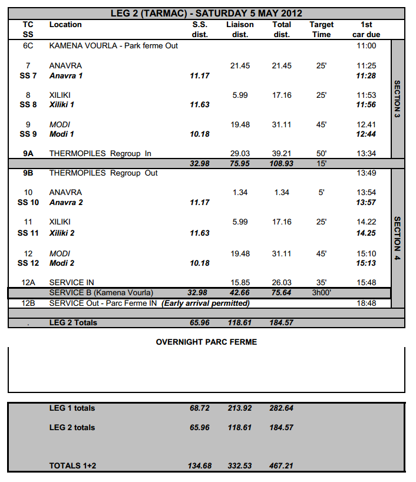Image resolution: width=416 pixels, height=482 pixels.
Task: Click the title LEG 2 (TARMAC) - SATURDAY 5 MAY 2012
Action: (x=206, y=13)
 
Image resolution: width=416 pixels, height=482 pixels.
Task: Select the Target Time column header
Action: (x=321, y=29)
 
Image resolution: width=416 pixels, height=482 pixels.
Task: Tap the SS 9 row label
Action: (x=28, y=134)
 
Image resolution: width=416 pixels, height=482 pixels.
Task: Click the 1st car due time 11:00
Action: (x=366, y=45)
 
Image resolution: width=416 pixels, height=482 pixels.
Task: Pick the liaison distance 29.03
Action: (x=240, y=154)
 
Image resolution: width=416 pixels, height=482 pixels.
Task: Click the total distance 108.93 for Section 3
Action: (x=282, y=163)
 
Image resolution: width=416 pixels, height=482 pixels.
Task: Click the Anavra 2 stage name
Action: (x=66, y=203)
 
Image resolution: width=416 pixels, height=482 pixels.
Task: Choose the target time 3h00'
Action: (x=321, y=293)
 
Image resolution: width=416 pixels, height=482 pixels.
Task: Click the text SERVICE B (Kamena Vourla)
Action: (x=101, y=293)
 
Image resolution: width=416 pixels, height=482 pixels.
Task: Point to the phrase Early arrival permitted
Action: (x=206, y=303)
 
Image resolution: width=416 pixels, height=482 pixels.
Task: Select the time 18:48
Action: (x=366, y=303)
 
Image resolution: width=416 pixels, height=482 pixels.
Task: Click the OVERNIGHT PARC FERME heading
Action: (x=206, y=342)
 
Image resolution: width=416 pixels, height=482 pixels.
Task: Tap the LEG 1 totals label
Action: (x=72, y=408)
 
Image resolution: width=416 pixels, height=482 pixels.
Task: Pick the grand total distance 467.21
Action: (x=282, y=466)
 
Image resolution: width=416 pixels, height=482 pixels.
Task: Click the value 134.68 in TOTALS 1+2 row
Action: (x=199, y=466)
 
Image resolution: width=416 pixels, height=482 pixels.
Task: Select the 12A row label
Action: (x=28, y=283)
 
